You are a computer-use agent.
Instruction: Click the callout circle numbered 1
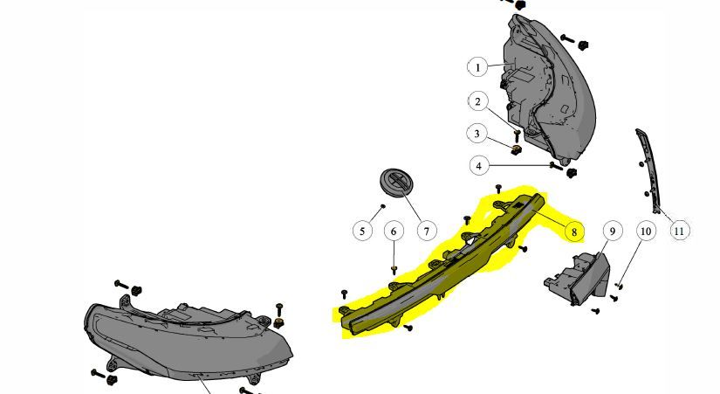pos(477,67)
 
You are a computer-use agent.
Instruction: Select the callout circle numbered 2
pos(478,101)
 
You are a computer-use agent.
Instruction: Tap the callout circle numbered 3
pos(477,134)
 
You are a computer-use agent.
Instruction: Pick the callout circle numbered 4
pos(479,165)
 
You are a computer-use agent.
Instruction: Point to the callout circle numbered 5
pos(362,231)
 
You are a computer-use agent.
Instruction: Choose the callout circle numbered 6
pos(394,232)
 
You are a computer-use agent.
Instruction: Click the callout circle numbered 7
pos(427,232)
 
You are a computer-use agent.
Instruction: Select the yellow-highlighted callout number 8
pos(574,232)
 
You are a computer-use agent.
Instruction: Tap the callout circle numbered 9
pos(613,231)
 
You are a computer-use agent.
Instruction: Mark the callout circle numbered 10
pos(646,232)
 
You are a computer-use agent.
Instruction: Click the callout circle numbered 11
pos(679,232)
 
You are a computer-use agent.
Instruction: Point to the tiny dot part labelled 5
pos(382,206)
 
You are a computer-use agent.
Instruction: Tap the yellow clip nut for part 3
pos(517,149)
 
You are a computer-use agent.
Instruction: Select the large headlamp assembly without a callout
pos(189,338)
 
